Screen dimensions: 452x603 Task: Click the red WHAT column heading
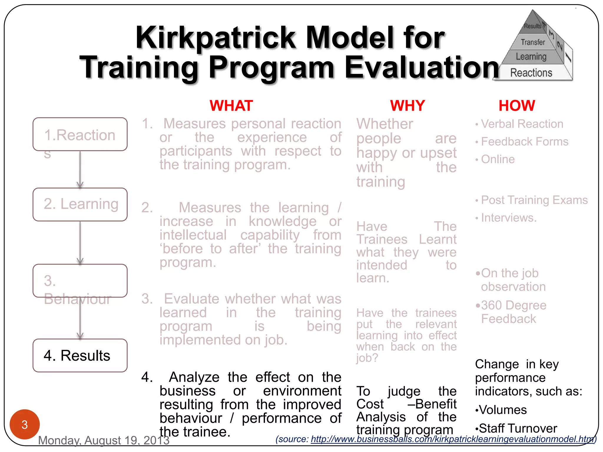(x=231, y=106)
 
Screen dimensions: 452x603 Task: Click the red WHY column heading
(x=407, y=106)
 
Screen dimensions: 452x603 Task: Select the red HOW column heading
(x=517, y=106)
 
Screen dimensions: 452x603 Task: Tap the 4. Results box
(x=80, y=355)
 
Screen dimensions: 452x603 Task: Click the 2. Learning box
(x=80, y=204)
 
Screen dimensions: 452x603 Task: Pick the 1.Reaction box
(x=80, y=134)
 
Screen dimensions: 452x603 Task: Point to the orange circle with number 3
(x=25, y=424)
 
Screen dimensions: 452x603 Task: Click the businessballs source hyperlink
(x=452, y=439)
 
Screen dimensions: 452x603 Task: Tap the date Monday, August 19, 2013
(x=104, y=441)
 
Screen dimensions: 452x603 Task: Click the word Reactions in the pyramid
(x=531, y=73)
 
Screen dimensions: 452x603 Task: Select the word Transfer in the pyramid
(x=533, y=42)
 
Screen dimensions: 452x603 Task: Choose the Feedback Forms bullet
(x=524, y=142)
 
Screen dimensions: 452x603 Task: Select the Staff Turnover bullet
(x=518, y=428)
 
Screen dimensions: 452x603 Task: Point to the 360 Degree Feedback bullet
(x=513, y=312)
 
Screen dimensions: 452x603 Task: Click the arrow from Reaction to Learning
(x=80, y=169)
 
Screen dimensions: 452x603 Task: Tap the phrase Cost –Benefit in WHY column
(x=406, y=404)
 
